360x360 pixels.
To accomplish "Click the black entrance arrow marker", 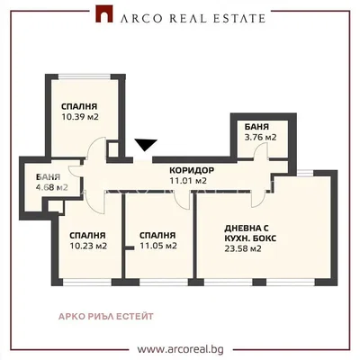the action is tap(146, 145).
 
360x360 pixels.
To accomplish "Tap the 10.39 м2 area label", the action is tap(80, 117).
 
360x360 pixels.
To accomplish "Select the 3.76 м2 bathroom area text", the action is tap(260, 137).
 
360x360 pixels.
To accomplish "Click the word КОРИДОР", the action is tap(192, 170).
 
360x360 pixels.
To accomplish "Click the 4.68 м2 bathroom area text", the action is tap(51, 187).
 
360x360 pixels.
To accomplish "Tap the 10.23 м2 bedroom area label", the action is tap(88, 246).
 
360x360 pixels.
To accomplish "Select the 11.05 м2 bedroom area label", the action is tap(158, 246).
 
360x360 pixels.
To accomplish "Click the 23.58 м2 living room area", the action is tap(243, 248).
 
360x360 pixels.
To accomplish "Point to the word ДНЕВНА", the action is tap(240, 229).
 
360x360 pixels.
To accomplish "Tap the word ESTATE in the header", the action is tap(240, 18).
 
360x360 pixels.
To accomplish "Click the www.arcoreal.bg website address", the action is tap(181, 349).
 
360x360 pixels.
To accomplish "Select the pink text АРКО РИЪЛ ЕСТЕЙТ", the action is tap(105, 316).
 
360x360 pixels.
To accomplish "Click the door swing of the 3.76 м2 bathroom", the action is tap(260, 150).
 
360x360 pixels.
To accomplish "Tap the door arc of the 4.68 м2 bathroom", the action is tap(75, 170).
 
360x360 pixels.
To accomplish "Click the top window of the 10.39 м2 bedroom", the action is tap(85, 77).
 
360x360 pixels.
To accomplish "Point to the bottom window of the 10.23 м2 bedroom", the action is tap(87, 283).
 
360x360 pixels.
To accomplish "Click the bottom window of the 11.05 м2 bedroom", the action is tap(164, 283).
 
